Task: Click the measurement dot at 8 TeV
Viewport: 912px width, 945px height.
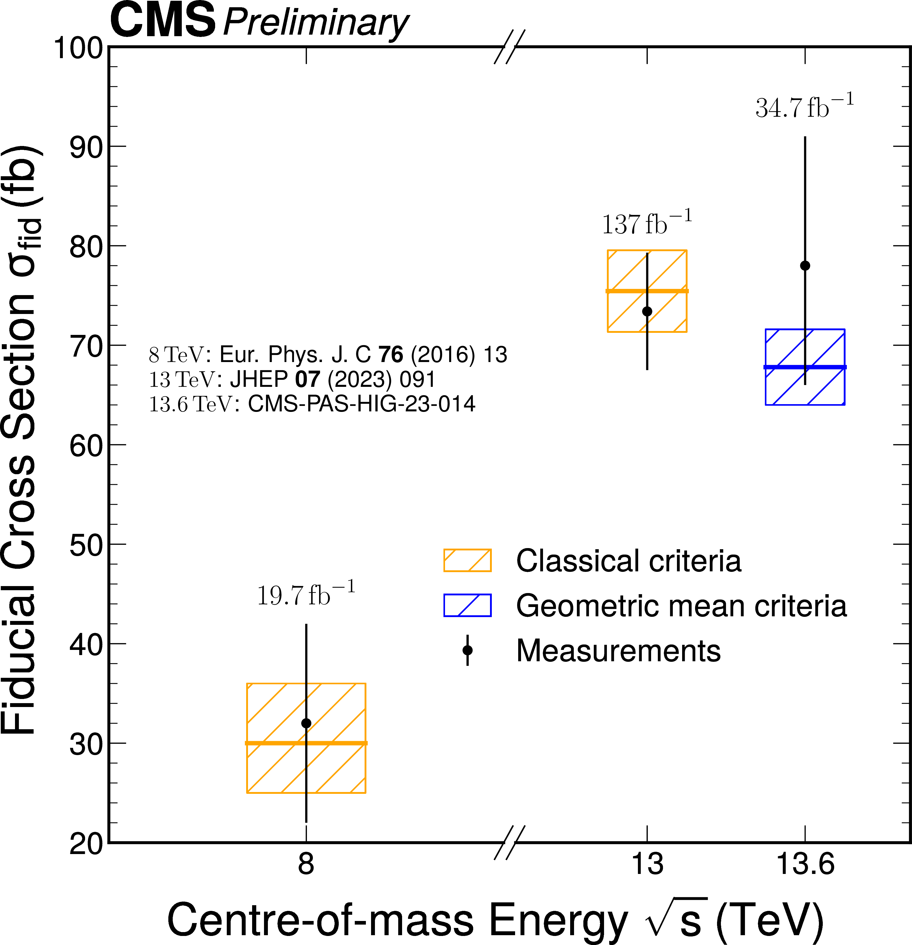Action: point(306,723)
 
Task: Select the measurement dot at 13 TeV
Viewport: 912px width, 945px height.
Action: point(647,311)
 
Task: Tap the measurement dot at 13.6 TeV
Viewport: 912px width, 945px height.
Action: point(805,266)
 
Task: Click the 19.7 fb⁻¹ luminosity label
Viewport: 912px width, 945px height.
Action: point(306,595)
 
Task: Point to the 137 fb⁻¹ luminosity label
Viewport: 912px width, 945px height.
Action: point(647,223)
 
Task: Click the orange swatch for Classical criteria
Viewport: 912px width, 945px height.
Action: point(467,560)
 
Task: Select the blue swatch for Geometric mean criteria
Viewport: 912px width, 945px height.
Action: point(467,605)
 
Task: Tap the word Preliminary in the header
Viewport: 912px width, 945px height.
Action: point(316,23)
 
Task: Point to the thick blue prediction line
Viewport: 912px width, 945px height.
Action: point(805,367)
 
